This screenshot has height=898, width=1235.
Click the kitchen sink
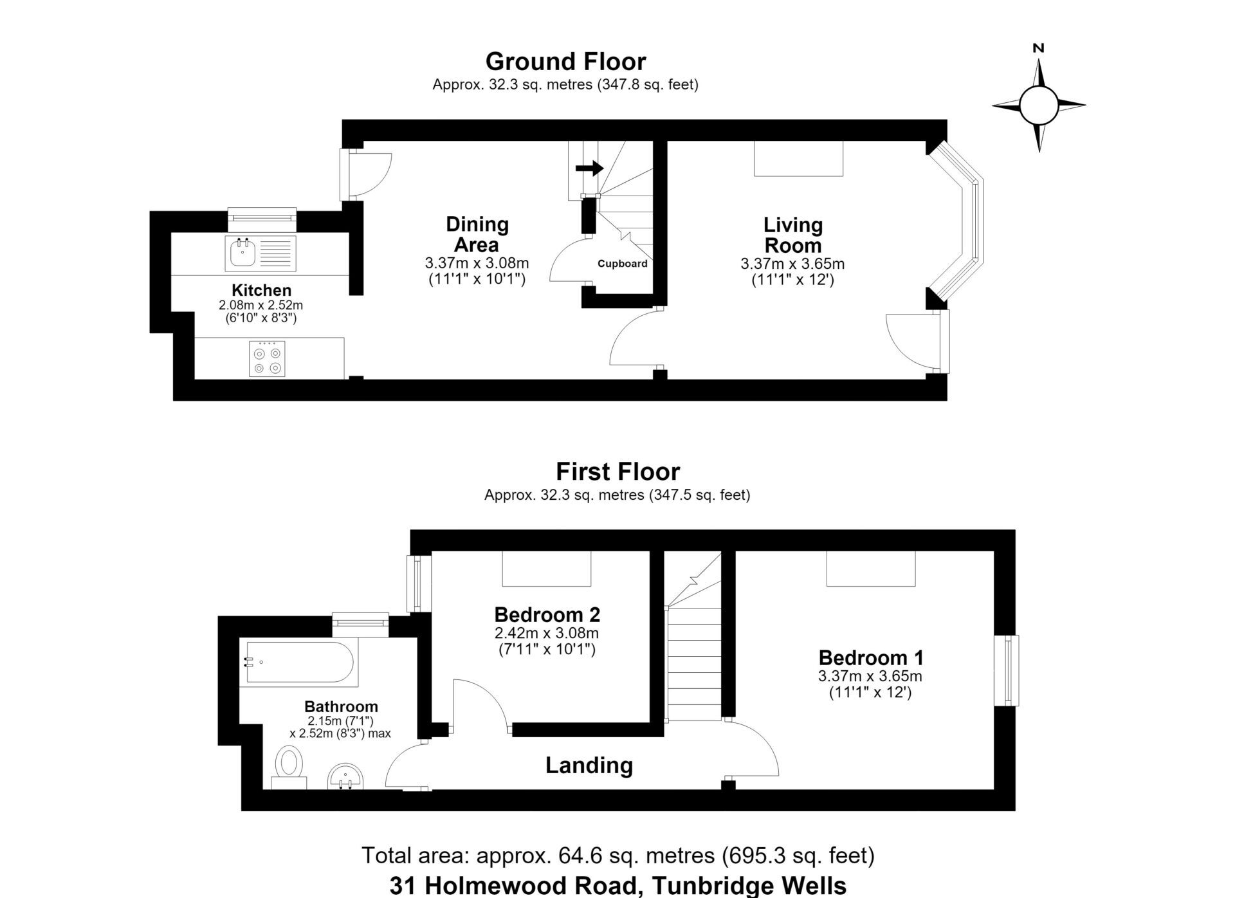click(x=261, y=253)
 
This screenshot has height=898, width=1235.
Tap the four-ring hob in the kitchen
click(x=268, y=359)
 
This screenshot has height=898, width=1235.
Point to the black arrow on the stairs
click(x=589, y=169)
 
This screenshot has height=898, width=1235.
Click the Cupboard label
click(x=622, y=263)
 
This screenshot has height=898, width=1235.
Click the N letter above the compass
click(x=1038, y=48)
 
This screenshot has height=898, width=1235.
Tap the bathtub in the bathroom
click(x=299, y=662)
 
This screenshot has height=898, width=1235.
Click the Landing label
click(x=589, y=765)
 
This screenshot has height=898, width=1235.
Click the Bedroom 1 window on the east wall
click(x=1007, y=671)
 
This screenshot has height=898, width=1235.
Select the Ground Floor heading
click(x=565, y=61)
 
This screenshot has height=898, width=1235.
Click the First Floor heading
click(x=617, y=472)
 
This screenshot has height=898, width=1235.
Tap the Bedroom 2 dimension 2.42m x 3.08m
click(x=547, y=633)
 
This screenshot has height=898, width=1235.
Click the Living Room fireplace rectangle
click(x=798, y=158)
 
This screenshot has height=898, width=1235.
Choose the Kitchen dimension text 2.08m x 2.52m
click(x=261, y=305)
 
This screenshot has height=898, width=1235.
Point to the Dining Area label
click(x=477, y=234)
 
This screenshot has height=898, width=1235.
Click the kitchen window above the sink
click(x=262, y=219)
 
